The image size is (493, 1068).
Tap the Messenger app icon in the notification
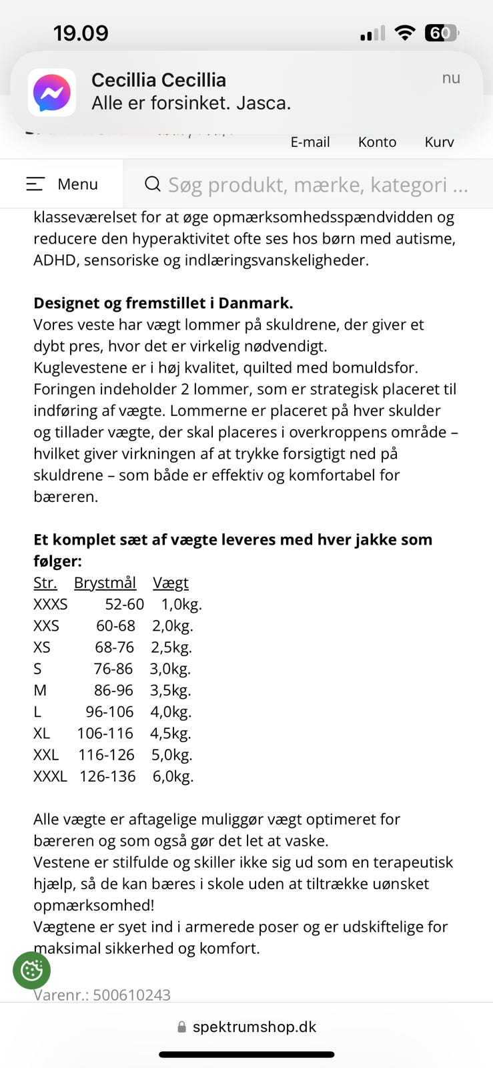click(52, 92)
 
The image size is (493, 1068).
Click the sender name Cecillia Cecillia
click(159, 80)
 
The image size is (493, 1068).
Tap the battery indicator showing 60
click(441, 33)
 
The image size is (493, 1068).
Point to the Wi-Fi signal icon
click(404, 33)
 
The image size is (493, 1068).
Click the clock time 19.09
click(81, 33)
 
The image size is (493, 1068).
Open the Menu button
click(62, 184)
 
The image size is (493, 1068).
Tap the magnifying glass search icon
click(153, 184)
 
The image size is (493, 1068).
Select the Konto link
click(377, 142)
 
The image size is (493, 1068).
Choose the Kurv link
click(439, 142)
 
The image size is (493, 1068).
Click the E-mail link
click(310, 142)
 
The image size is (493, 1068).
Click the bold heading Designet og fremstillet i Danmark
click(163, 303)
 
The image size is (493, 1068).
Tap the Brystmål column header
click(105, 583)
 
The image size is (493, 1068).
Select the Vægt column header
click(171, 583)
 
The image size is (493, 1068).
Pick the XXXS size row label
click(51, 604)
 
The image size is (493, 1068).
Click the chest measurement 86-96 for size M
click(113, 690)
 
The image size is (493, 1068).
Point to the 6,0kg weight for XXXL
click(173, 776)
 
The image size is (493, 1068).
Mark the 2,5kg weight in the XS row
click(171, 647)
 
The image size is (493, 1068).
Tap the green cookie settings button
click(31, 970)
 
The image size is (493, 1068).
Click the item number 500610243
click(131, 995)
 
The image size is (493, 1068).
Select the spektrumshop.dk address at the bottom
click(254, 1027)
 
